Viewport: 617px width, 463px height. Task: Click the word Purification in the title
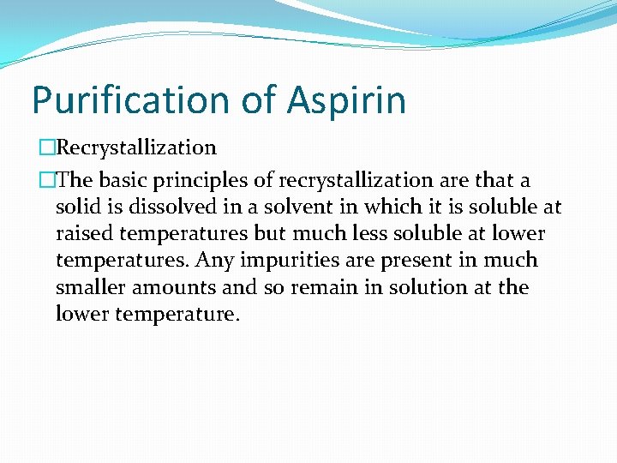click(x=133, y=100)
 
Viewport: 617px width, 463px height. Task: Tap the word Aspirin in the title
click(x=346, y=100)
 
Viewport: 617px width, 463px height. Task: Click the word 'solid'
click(x=76, y=207)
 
